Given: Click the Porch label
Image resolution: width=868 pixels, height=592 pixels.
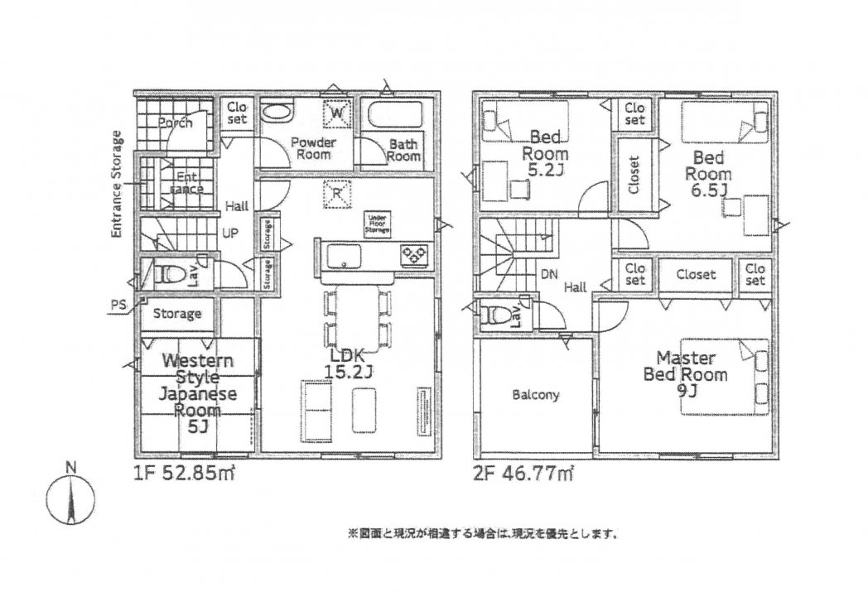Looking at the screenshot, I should pyautogui.click(x=175, y=123).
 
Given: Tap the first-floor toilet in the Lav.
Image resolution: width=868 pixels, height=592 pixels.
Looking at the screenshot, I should pyautogui.click(x=168, y=273).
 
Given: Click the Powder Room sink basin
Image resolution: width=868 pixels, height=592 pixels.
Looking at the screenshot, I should pyautogui.click(x=276, y=113).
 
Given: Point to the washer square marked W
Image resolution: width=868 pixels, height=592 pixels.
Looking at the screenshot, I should pyautogui.click(x=337, y=113).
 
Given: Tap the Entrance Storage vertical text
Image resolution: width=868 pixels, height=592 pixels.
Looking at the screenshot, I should pyautogui.click(x=117, y=185).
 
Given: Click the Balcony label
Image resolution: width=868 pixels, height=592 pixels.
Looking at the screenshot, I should pyautogui.click(x=534, y=395).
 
